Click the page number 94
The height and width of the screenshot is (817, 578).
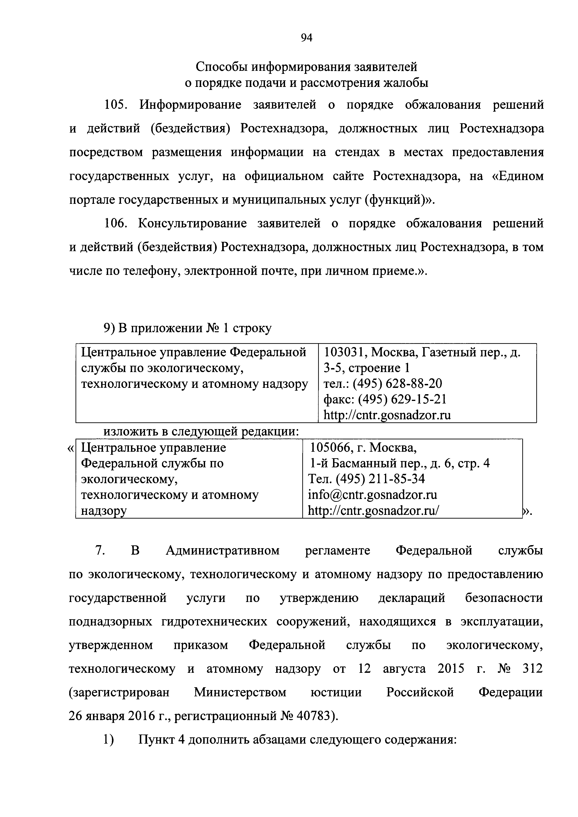tap(306, 38)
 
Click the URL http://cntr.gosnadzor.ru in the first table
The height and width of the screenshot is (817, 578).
tap(387, 415)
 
